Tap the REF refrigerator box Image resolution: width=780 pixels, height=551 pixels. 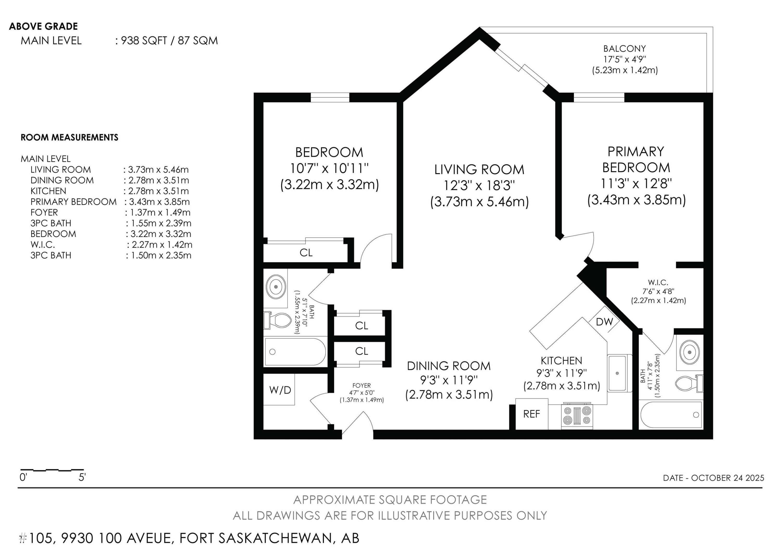(x=532, y=414)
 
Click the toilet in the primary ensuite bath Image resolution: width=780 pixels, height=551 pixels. (x=688, y=383)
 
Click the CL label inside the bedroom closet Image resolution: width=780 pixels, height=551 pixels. (x=306, y=253)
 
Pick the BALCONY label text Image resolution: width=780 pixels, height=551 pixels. (x=625, y=49)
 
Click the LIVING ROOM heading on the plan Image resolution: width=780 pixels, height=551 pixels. (x=479, y=169)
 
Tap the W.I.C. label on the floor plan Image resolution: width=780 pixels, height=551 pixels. (x=658, y=282)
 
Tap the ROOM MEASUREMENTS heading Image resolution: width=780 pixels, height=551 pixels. (x=70, y=137)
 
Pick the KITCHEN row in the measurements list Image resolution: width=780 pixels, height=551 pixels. (x=110, y=191)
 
